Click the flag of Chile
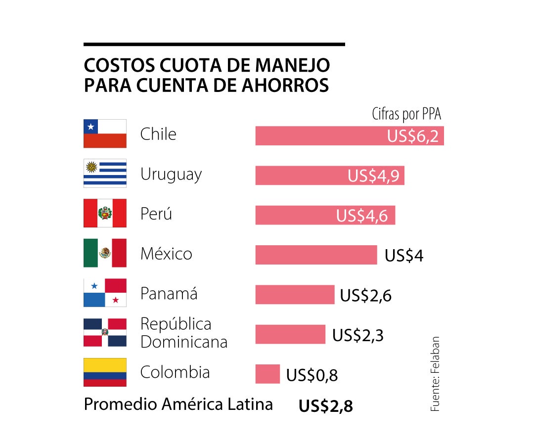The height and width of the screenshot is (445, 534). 105,133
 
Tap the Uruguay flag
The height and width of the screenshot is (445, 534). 105,174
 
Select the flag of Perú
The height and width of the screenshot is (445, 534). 105,214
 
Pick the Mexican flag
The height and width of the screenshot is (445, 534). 105,253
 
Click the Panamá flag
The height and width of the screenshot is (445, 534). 105,293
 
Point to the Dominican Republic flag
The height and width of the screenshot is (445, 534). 105,333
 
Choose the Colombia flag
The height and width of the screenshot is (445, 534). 105,372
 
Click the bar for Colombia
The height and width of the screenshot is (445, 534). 267,374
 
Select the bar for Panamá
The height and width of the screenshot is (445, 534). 295,295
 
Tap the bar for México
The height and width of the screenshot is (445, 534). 316,255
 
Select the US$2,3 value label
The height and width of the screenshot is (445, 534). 358,335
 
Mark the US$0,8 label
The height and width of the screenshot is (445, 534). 312,376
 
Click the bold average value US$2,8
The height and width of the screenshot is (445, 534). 325,406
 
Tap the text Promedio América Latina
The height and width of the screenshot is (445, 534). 178,404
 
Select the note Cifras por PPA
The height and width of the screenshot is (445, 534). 406,115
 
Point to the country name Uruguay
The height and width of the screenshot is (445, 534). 171,175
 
